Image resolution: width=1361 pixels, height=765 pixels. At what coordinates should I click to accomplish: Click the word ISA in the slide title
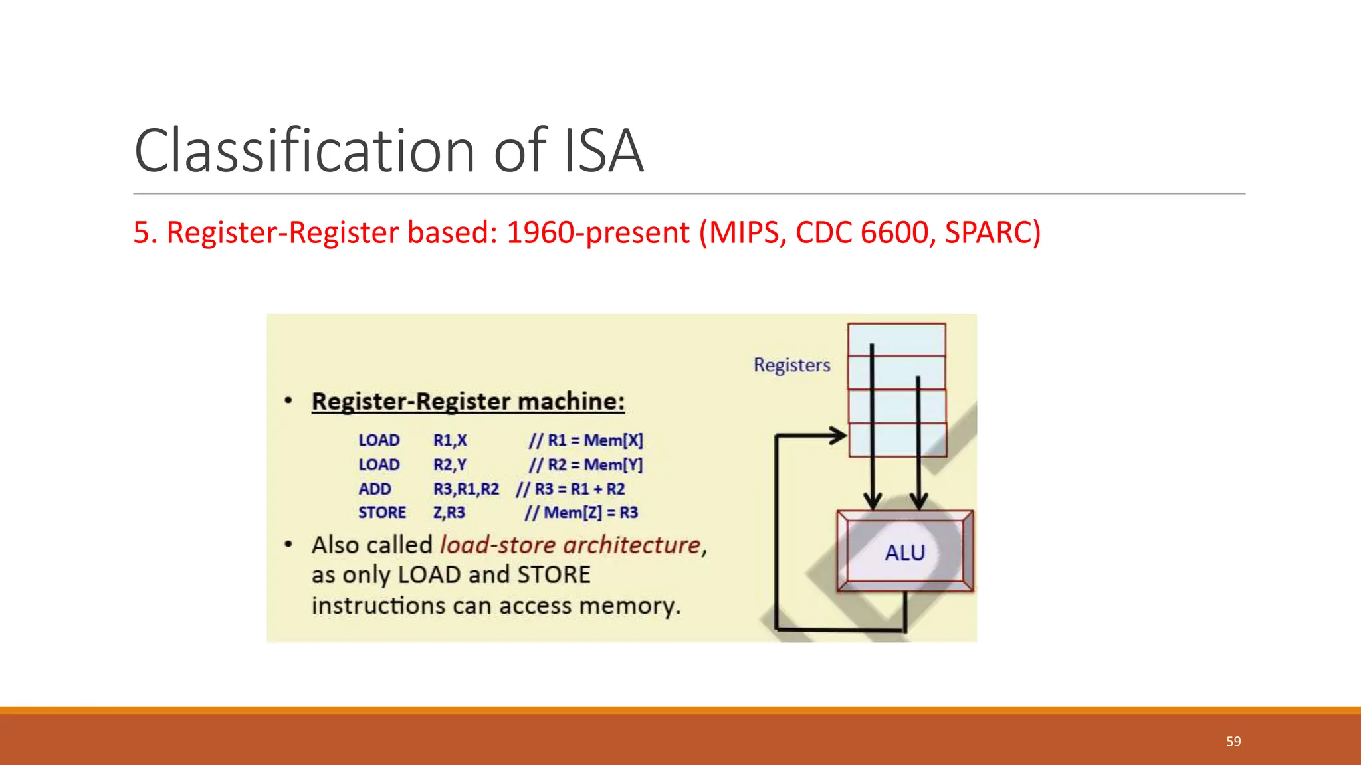pyautogui.click(x=603, y=151)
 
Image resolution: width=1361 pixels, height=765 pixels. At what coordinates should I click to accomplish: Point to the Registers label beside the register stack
pyautogui.click(x=791, y=365)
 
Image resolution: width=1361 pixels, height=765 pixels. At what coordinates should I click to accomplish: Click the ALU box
pyautogui.click(x=904, y=552)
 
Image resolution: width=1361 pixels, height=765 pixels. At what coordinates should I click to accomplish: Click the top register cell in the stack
pyautogui.click(x=896, y=339)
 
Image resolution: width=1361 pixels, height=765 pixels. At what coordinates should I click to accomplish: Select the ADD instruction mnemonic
pyautogui.click(x=375, y=489)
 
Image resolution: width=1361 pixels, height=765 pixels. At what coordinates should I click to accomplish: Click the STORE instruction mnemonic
pyautogui.click(x=382, y=513)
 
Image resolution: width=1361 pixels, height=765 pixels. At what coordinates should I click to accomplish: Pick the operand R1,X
pyautogui.click(x=450, y=440)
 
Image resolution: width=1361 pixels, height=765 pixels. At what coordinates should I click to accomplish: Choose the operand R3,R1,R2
pyautogui.click(x=466, y=489)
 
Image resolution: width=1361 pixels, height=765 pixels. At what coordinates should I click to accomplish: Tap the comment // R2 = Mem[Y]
pyautogui.click(x=585, y=465)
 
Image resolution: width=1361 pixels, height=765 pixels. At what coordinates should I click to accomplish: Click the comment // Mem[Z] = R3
pyautogui.click(x=581, y=513)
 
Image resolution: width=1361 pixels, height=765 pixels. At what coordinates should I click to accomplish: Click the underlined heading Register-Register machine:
pyautogui.click(x=468, y=402)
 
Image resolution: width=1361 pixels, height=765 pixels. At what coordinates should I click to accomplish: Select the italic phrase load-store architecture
pyautogui.click(x=570, y=545)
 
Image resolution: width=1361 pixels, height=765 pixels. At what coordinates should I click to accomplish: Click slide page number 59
pyautogui.click(x=1233, y=742)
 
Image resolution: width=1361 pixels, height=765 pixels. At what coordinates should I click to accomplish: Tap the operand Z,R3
pyautogui.click(x=449, y=513)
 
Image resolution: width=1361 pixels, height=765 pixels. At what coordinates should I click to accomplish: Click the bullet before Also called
pyautogui.click(x=288, y=545)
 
